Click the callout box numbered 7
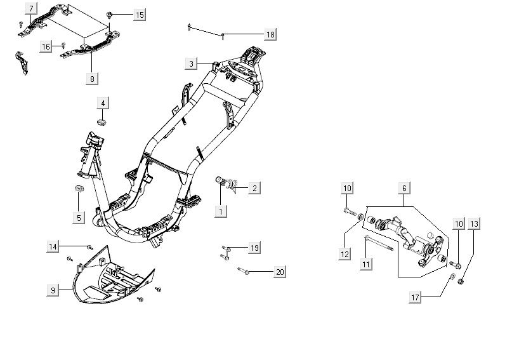pyautogui.click(x=29, y=8)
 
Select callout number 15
pyautogui.click(x=139, y=15)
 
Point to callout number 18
pyautogui.click(x=270, y=34)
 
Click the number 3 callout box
pyautogui.click(x=191, y=63)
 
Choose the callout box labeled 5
pyautogui.click(x=79, y=218)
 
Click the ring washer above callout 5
pyautogui.click(x=79, y=189)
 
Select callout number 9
pyautogui.click(x=54, y=290)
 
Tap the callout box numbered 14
pyautogui.click(x=54, y=246)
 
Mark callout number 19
pyautogui.click(x=254, y=247)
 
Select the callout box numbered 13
pyautogui.click(x=475, y=223)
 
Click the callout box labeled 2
pyautogui.click(x=254, y=188)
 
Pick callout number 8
pyautogui.click(x=92, y=79)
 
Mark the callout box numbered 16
pyautogui.click(x=46, y=46)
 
